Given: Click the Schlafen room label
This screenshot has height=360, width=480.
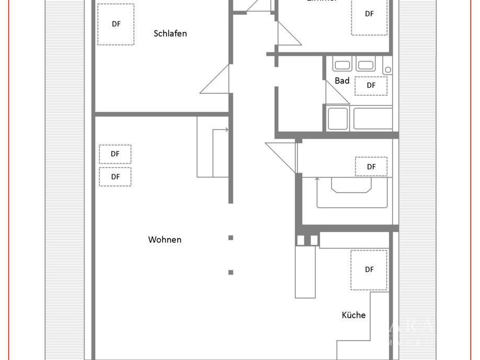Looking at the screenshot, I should tap(170, 33).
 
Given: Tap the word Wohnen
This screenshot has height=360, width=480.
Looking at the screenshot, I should tap(165, 240).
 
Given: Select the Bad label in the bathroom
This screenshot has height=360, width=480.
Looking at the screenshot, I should tap(342, 81).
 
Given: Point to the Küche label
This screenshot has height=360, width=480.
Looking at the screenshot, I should tap(353, 315).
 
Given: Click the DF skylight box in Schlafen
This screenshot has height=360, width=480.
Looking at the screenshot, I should tap(116, 24).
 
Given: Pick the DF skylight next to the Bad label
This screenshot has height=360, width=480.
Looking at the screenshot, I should tap(371, 86).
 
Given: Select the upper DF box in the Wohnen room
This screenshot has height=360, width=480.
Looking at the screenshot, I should tap(115, 154).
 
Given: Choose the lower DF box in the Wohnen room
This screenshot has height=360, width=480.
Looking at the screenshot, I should tap(115, 177).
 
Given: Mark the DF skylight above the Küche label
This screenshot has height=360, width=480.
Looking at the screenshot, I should tap(369, 270).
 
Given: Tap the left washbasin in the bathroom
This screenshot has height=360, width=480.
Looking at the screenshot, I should tap(342, 65).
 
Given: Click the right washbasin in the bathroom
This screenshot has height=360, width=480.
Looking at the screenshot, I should tap(365, 65).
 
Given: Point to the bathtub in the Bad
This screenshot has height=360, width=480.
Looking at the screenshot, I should tap(373, 119).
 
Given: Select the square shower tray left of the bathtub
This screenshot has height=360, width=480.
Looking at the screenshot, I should tap(337, 119).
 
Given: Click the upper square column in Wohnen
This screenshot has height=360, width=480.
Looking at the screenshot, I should tap(231, 238).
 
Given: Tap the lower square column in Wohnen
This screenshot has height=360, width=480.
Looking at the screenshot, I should tap(231, 272).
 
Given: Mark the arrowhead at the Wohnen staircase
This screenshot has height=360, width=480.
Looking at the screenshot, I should tap(226, 130).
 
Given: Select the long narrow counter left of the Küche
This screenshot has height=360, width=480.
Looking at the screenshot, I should tap(305, 272).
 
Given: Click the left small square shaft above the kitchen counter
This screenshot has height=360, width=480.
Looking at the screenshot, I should tap(301, 240).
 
